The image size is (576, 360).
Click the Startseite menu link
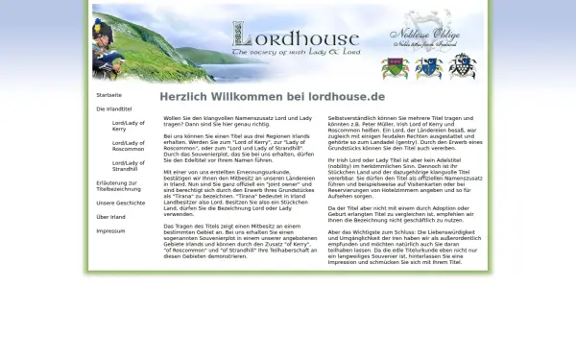108,95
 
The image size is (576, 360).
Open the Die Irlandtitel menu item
112,109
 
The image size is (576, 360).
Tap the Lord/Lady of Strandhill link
128,167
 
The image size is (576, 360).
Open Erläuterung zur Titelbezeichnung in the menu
118,186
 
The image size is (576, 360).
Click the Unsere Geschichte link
121,203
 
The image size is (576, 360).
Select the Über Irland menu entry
110,217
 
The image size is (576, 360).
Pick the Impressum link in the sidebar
110,231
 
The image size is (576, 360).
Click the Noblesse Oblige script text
424,36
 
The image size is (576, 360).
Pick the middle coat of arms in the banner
428,66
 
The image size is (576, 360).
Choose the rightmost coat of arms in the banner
462,66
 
